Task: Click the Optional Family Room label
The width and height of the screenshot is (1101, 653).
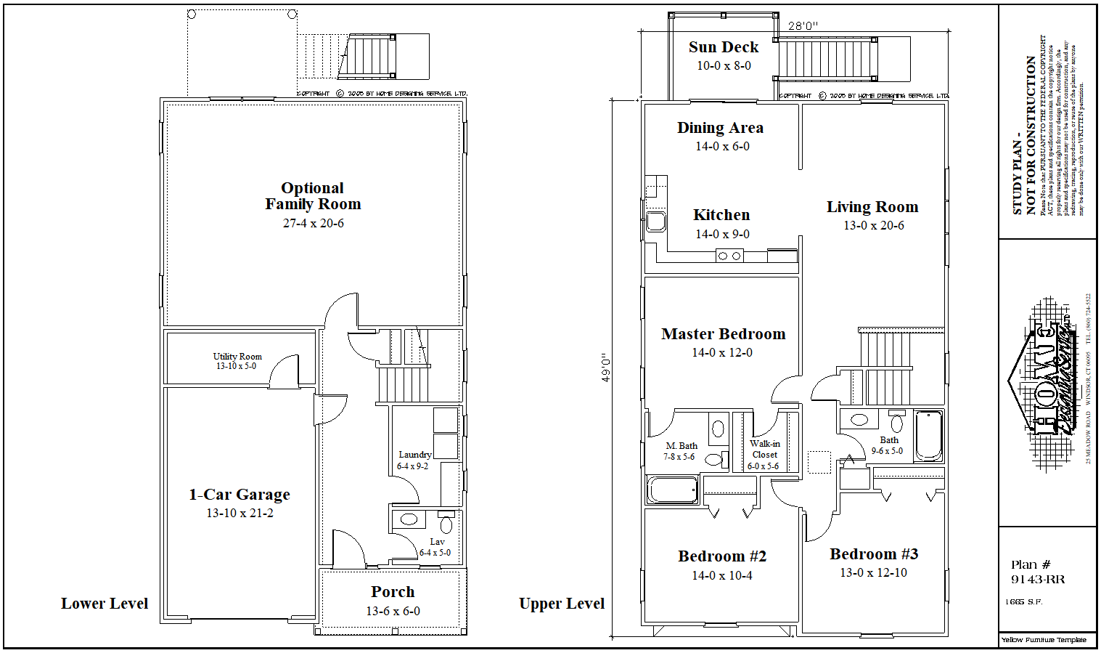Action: pos(313,196)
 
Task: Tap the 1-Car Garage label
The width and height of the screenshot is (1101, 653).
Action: pos(240,495)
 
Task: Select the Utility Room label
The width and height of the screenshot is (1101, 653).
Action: pos(237,357)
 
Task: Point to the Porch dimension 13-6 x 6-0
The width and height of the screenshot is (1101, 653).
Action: pos(393,611)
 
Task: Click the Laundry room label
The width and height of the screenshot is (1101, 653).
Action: pos(414,455)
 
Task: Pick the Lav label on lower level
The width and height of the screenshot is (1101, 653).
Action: pos(437,542)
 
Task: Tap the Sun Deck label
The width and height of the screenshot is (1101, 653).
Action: pos(723,47)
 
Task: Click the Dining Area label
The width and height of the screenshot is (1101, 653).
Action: pos(720,128)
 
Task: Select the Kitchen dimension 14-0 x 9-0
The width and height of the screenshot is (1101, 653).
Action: pos(722,234)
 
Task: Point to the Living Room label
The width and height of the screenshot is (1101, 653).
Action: pos(872,207)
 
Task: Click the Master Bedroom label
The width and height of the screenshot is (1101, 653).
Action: pos(723,334)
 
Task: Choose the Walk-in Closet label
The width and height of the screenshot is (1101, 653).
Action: pos(764,449)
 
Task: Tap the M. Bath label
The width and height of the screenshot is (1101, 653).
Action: pos(682,446)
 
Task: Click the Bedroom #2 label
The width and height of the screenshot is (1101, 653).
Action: pos(722,556)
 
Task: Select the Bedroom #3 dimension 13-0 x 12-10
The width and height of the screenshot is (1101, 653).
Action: pos(873,572)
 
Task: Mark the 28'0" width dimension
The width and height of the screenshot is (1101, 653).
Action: pos(803,26)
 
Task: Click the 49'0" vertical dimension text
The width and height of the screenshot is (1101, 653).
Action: pos(606,367)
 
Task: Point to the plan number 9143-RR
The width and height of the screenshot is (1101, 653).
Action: pos(1038,580)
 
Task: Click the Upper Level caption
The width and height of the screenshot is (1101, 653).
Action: pos(562,604)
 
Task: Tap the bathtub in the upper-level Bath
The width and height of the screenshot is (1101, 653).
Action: pos(928,436)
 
